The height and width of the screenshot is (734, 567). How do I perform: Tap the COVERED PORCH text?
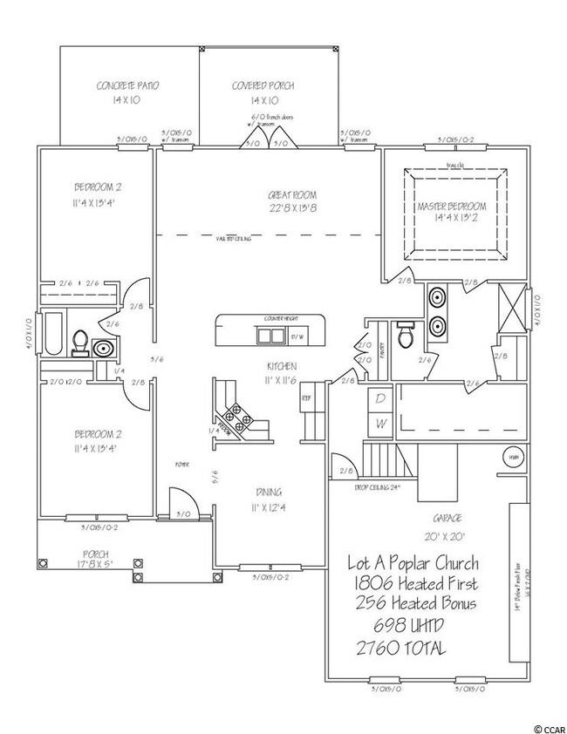pos(263,86)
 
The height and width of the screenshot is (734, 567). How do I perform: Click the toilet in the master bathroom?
pos(405,334)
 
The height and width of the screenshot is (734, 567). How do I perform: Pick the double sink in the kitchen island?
pos(270,336)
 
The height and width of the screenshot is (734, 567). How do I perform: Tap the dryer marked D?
pos(379,398)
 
